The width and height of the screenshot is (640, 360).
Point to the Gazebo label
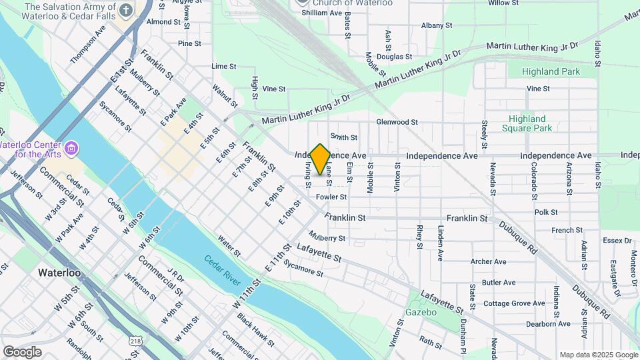tap(420, 312)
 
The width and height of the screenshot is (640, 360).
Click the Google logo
tap(22, 351)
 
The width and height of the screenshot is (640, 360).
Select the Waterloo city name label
tap(59, 273)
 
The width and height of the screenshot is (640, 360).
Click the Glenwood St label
tap(397, 122)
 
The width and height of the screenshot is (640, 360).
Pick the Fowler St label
tap(331, 197)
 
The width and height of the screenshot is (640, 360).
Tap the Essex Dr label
tap(616, 241)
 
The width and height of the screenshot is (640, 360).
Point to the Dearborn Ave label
tap(547, 324)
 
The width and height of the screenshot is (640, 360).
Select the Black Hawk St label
tap(255, 331)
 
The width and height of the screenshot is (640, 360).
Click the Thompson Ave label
tap(88, 45)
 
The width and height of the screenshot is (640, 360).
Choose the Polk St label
tap(545, 212)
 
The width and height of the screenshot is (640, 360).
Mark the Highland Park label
tap(551, 71)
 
